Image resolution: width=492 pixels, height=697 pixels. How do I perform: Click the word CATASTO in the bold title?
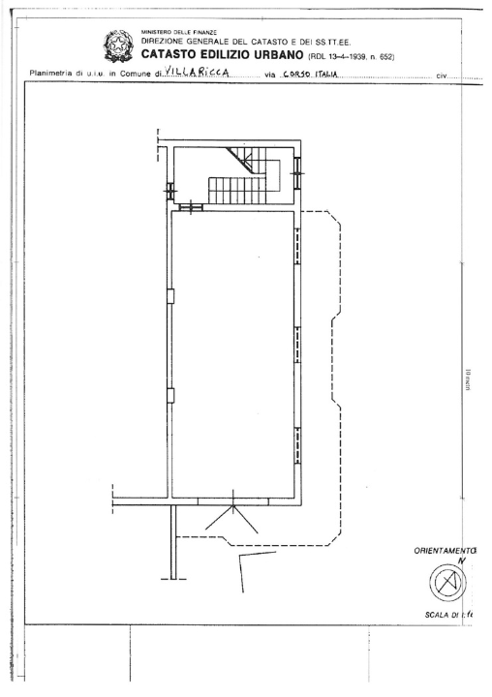click(173, 56)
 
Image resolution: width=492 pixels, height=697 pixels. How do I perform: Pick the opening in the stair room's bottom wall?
click(191, 205)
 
